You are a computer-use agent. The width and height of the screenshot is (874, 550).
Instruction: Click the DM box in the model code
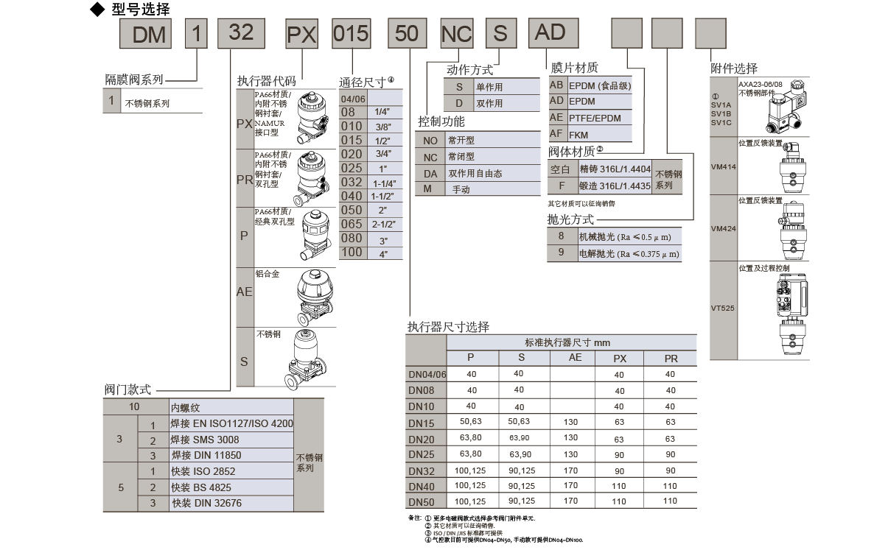point(149,34)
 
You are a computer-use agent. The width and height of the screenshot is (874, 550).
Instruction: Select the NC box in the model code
point(456,34)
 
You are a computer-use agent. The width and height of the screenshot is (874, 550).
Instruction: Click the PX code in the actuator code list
point(245,124)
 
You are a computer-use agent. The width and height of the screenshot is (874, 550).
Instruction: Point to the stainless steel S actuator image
point(309,360)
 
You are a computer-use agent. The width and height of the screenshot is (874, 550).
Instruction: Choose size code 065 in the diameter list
point(352,224)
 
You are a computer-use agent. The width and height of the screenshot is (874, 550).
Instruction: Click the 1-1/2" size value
point(383,197)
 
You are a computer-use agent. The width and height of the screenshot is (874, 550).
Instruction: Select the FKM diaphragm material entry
point(578,135)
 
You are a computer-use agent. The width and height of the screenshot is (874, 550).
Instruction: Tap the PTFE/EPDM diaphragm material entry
point(595,118)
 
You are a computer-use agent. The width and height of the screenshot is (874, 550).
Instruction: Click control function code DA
point(430,174)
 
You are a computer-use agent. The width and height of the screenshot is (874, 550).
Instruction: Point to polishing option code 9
point(561,253)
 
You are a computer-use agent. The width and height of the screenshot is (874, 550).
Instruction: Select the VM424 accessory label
point(723,229)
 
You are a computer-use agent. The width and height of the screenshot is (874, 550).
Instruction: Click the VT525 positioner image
point(783,310)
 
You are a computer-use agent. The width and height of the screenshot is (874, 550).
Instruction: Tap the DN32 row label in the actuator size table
point(422,470)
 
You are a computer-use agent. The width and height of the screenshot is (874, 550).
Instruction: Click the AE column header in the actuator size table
point(575,358)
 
